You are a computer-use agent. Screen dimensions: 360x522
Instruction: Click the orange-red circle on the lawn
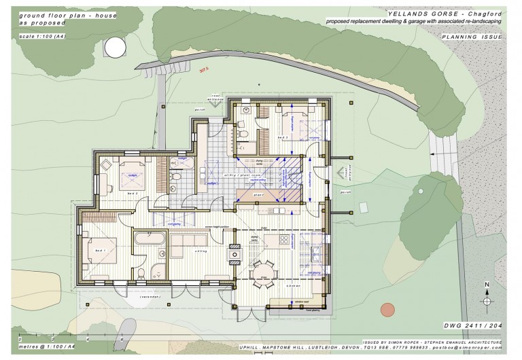click(387, 310)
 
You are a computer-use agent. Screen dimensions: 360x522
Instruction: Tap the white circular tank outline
click(115, 47)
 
